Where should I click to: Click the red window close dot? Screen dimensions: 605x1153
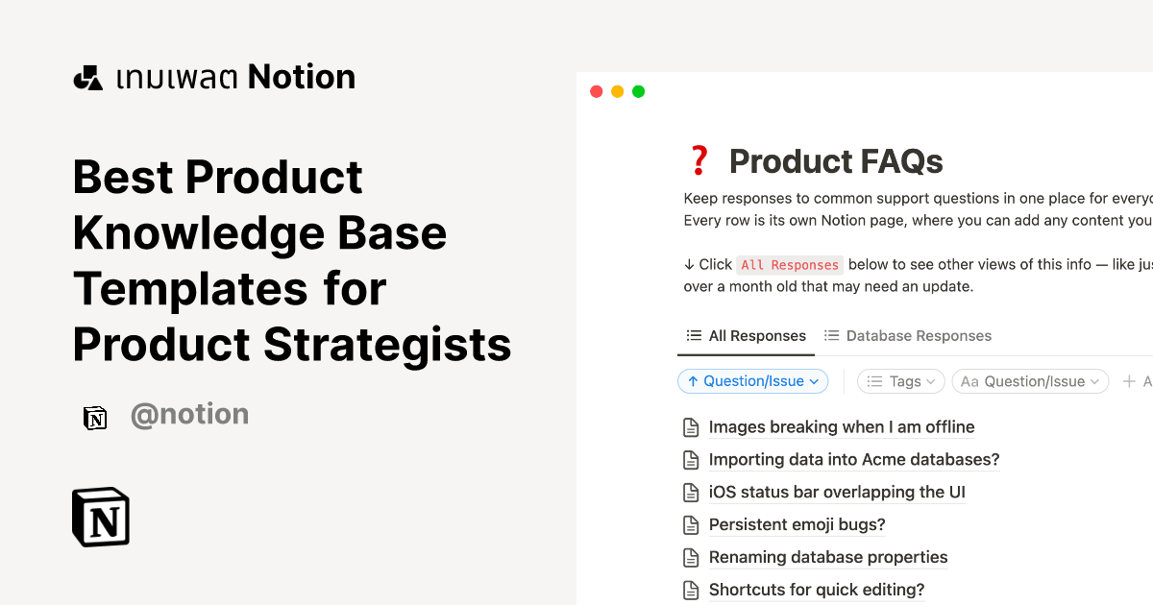pyautogui.click(x=596, y=92)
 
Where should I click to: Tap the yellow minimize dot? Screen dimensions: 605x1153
pyautogui.click(x=617, y=92)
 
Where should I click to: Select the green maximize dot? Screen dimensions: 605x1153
pyautogui.click(x=638, y=92)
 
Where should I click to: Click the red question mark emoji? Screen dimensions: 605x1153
pyautogui.click(x=699, y=161)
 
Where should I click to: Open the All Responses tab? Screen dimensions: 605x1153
pyautogui.click(x=747, y=336)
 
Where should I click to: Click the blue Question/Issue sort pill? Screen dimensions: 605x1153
pyautogui.click(x=753, y=381)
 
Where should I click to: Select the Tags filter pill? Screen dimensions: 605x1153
pyautogui.click(x=901, y=381)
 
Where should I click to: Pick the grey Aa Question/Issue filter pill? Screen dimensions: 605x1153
pyautogui.click(x=1030, y=381)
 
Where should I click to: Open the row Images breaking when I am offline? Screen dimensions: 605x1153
pyautogui.click(x=841, y=427)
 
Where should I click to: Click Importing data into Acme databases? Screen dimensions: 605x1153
pyautogui.click(x=853, y=460)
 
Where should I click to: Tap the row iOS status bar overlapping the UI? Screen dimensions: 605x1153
pyautogui.click(x=836, y=493)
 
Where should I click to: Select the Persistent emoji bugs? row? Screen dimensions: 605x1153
pyautogui.click(x=797, y=524)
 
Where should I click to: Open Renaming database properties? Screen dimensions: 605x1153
pyautogui.click(x=827, y=557)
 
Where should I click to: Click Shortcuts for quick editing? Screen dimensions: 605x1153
pyautogui.click(x=816, y=590)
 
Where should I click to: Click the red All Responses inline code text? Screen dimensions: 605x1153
pyautogui.click(x=790, y=265)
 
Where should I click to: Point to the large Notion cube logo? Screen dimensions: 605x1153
pyautogui.click(x=101, y=518)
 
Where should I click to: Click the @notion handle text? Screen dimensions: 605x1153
pyautogui.click(x=189, y=415)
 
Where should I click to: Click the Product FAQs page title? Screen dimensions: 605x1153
pyautogui.click(x=836, y=161)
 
